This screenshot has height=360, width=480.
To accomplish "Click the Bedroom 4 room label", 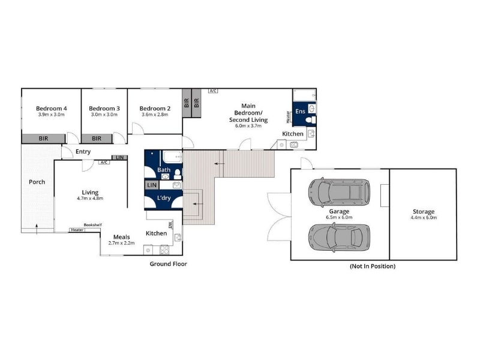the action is [x=52, y=109].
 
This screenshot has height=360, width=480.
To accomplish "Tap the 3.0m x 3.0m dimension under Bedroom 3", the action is [x=104, y=115].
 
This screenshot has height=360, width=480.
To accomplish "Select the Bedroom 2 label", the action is [x=155, y=109].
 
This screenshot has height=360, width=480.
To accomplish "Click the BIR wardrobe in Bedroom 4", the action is [x=43, y=139].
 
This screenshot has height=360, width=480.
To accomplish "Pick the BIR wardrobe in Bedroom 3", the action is [x=97, y=139].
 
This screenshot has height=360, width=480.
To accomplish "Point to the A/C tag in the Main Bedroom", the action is [x=213, y=91].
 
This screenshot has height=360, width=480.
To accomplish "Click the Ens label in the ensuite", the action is [x=300, y=111].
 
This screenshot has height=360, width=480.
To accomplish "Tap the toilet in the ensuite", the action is [x=311, y=119].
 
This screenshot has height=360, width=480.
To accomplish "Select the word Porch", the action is [x=37, y=182].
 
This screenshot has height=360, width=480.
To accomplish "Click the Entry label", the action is [x=83, y=152].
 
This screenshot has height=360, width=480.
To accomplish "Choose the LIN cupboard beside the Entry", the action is [x=119, y=157].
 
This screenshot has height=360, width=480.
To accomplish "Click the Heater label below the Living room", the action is [x=77, y=230].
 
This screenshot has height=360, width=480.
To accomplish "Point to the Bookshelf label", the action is [x=93, y=224].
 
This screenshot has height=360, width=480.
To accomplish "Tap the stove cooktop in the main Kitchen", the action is [x=164, y=250].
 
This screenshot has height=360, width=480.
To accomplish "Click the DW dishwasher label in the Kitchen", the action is [x=170, y=225].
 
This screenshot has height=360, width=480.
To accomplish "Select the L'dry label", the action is [x=164, y=198].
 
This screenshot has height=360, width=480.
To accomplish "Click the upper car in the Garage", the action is [x=339, y=192].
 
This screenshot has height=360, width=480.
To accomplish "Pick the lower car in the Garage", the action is [x=339, y=238].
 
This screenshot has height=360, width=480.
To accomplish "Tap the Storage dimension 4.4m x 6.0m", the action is [x=424, y=218].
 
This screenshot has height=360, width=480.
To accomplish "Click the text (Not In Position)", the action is [x=373, y=266].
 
